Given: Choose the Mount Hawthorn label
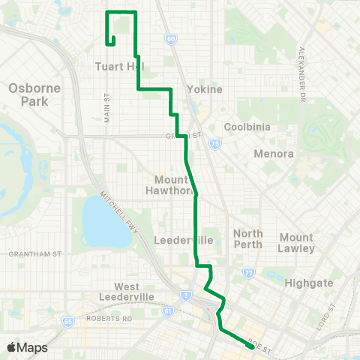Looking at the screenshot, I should click(x=175, y=184).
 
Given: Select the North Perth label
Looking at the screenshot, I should click(x=248, y=239).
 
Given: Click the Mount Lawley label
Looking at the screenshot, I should click(x=296, y=242).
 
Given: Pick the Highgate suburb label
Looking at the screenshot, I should click(x=307, y=283).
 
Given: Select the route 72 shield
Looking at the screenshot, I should click(x=249, y=274).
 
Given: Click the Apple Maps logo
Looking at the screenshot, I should click(x=27, y=347).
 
